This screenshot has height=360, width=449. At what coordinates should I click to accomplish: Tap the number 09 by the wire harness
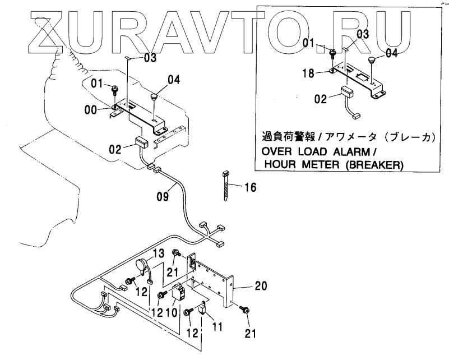pos(163,197)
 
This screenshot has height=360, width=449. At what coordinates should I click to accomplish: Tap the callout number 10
pos(172,312)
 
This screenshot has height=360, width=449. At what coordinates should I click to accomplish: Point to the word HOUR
pos(278,165)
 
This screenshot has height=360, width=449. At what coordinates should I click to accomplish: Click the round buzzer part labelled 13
pos(142,266)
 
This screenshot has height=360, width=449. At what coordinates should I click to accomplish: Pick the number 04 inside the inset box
pos(392,54)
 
